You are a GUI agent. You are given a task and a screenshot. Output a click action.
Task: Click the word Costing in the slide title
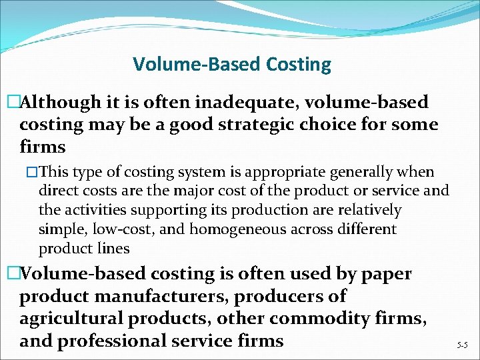[x=299, y=65]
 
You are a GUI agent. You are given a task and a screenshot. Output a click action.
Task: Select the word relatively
[x=368, y=211]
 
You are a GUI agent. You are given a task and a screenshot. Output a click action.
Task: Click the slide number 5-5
[x=461, y=345]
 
